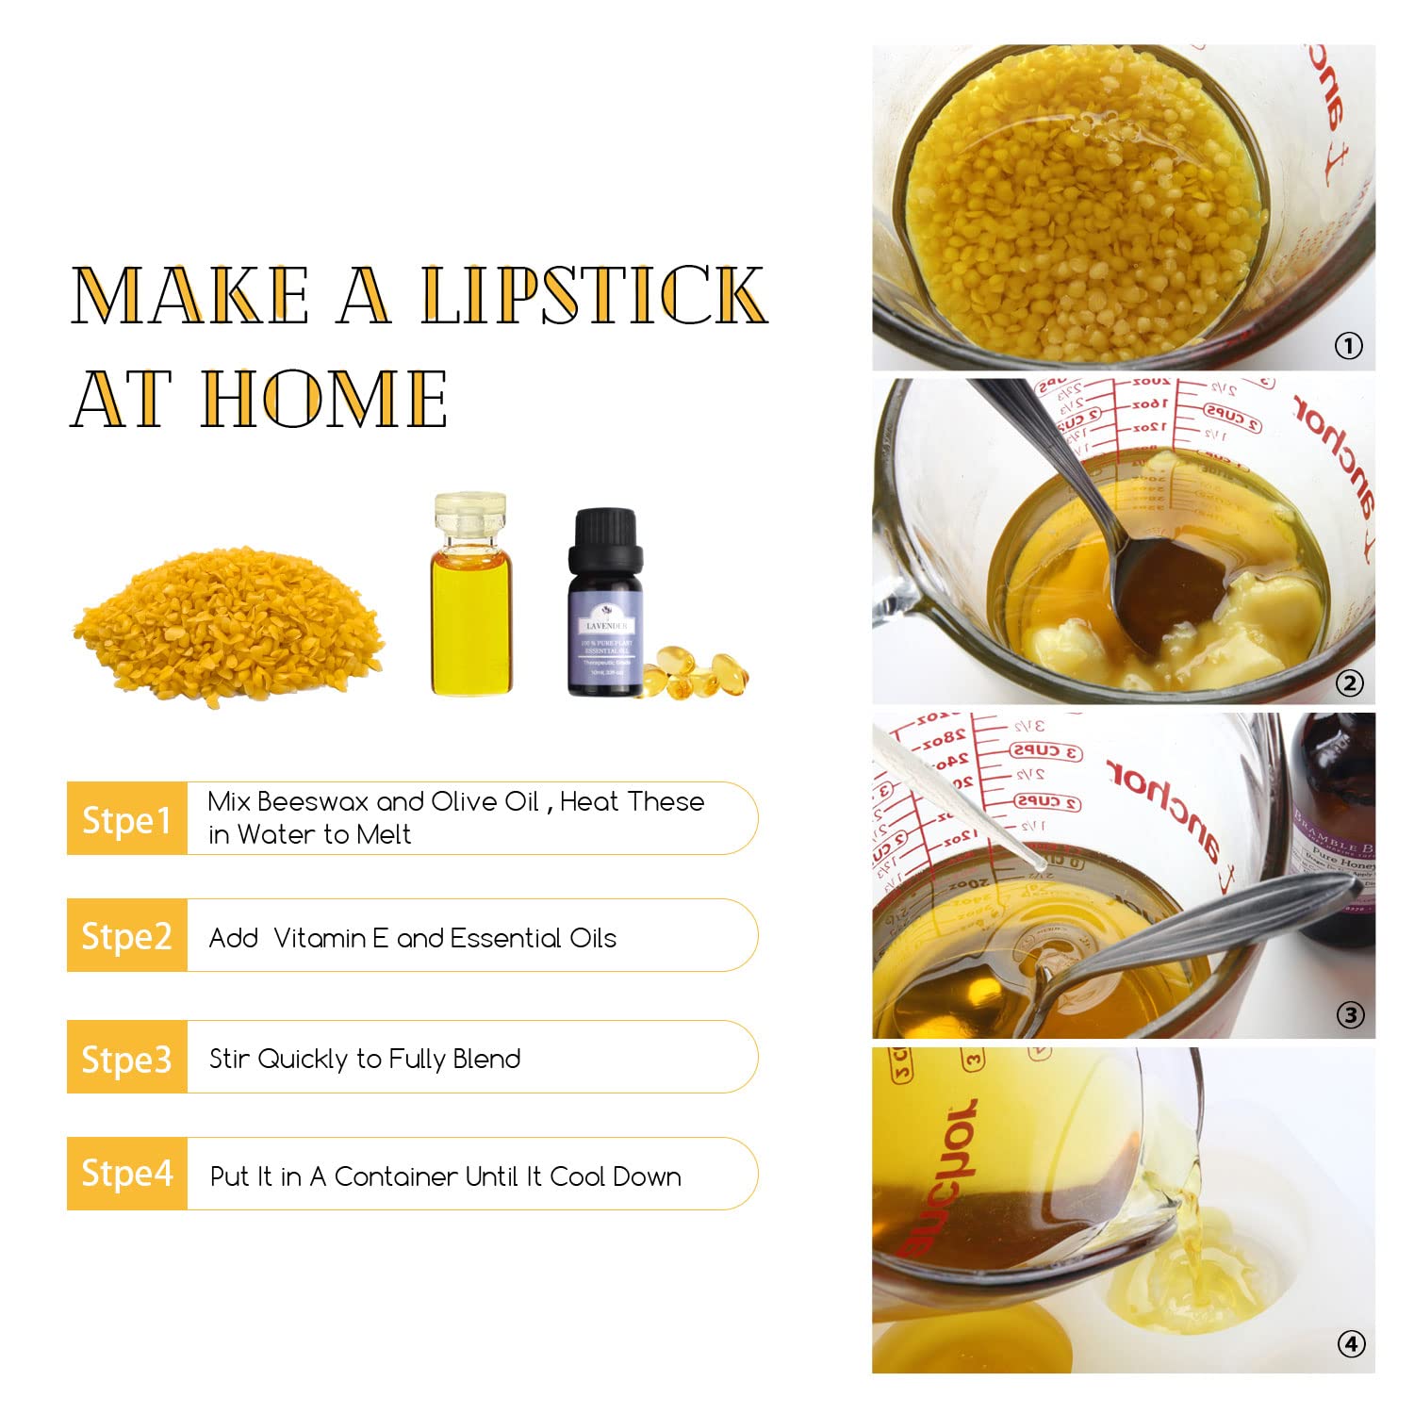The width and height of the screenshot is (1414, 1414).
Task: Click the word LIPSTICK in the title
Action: (x=593, y=295)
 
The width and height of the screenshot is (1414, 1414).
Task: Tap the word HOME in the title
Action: (x=325, y=399)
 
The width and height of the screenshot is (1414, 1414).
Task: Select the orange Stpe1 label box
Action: (x=126, y=818)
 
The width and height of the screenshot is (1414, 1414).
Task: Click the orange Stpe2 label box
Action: (x=126, y=935)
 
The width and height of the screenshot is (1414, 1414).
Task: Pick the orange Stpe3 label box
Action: (x=126, y=1058)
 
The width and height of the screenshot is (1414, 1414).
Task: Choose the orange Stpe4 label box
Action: (x=126, y=1174)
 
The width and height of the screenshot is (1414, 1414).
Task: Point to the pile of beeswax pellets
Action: (x=229, y=627)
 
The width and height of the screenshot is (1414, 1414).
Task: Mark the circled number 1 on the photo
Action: (x=1349, y=346)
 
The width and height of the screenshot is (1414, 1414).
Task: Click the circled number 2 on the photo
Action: (x=1349, y=682)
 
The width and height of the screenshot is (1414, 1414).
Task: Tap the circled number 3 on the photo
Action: (x=1350, y=1015)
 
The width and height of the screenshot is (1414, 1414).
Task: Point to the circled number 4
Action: (x=1351, y=1343)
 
